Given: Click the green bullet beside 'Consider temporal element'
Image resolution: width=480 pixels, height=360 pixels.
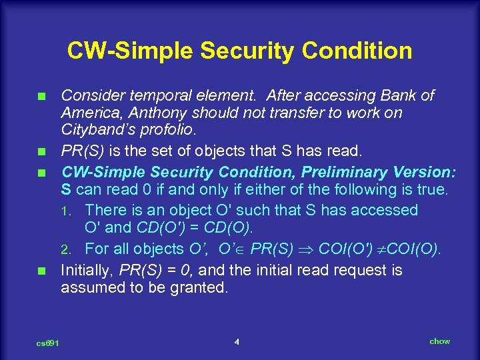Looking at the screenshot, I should (41, 97).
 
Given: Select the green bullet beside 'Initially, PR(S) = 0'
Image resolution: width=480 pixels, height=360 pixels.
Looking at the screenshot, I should (41, 271).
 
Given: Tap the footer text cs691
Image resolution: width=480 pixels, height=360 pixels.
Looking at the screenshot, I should (48, 343).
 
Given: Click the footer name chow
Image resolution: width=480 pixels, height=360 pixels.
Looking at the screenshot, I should (439, 341).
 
